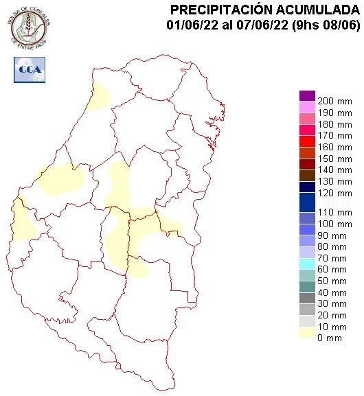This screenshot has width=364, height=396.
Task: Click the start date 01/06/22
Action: point(190,25)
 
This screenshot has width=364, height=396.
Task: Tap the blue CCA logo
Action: point(30,69)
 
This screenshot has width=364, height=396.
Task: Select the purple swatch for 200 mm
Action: point(307,96)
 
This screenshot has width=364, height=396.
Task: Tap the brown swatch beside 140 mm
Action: point(307,174)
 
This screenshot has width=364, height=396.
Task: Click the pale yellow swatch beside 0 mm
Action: point(307,331)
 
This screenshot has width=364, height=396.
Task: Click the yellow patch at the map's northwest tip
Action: point(100,97)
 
